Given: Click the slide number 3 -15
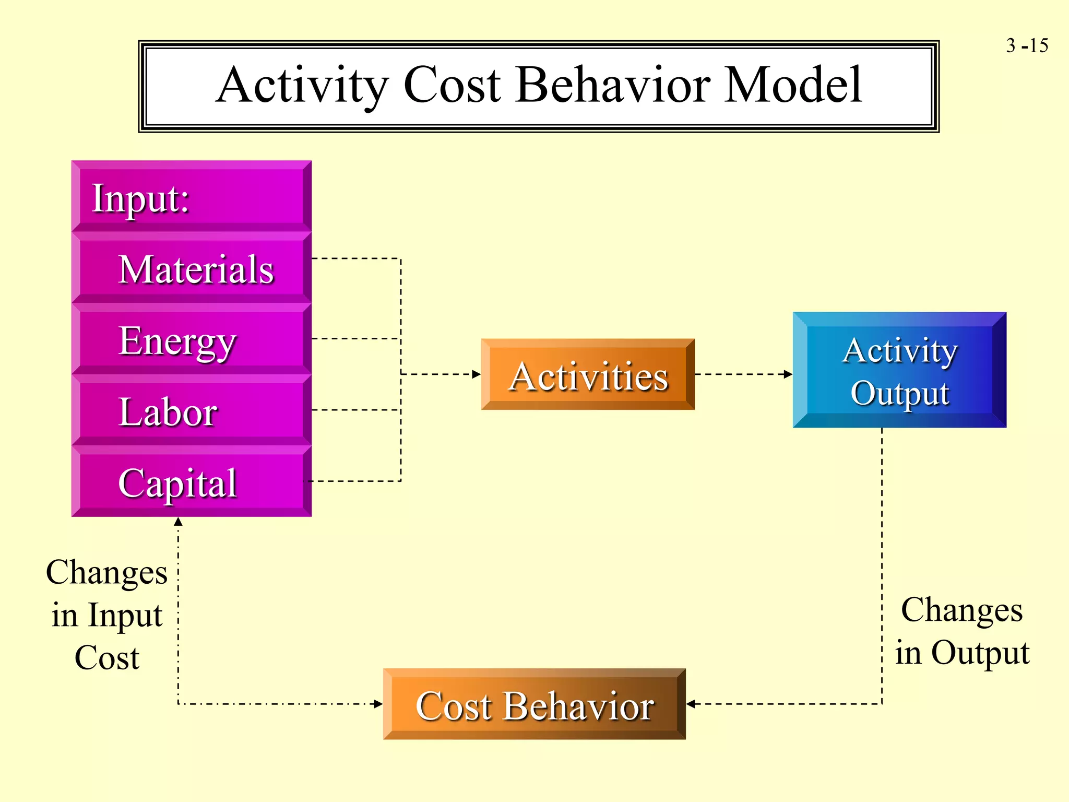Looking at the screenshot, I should point(1027,46).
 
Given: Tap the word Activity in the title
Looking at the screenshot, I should point(302,86).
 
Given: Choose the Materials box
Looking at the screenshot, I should point(192,269).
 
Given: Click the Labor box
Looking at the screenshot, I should point(192,411).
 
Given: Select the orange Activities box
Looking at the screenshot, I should point(588,375).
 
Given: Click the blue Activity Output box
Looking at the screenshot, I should point(899,370).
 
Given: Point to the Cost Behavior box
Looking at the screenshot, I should point(534,704).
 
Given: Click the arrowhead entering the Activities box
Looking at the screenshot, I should point(476,374).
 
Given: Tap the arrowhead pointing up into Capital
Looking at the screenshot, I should point(178,522).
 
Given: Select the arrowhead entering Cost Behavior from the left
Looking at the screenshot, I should point(378,704).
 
